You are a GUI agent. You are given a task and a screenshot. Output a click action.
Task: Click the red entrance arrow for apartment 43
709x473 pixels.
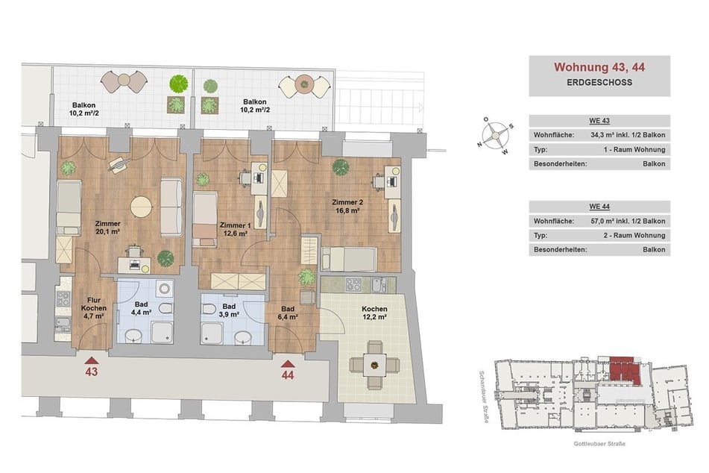(92, 360)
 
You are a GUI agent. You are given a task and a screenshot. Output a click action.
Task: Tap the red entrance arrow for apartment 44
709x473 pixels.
(288, 363)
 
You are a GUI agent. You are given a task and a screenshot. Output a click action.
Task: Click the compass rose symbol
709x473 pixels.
(495, 134)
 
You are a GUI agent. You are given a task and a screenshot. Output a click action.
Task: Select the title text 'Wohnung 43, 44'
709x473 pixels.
(599, 67)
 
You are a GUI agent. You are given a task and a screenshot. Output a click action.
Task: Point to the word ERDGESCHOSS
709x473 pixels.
(599, 82)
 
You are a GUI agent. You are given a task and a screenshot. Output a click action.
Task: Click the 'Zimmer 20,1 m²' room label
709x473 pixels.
(107, 228)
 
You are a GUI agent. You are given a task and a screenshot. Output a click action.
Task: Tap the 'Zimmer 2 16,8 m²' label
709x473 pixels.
(347, 207)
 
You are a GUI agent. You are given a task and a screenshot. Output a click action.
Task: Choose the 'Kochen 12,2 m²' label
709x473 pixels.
(374, 313)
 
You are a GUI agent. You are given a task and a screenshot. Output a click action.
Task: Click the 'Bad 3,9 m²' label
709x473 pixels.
(229, 310)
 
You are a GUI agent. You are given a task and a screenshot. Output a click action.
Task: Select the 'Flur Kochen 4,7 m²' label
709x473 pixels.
(94, 308)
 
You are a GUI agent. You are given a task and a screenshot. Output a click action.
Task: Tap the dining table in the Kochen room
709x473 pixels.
(374, 364)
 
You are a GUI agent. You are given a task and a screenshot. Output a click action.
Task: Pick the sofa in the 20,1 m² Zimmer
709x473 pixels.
(171, 207)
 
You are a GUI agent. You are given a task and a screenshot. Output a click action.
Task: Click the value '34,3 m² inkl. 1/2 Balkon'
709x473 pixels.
(628, 135)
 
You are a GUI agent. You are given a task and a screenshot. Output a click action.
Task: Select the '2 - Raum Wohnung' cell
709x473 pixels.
(634, 235)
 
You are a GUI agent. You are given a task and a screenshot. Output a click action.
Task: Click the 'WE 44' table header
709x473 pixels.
(599, 207)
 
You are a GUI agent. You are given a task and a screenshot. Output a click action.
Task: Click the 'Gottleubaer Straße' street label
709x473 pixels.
(599, 444)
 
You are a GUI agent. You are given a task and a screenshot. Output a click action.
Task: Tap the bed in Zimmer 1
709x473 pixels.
(205, 219)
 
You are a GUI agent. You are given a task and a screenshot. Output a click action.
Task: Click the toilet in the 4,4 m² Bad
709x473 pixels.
(166, 309)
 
